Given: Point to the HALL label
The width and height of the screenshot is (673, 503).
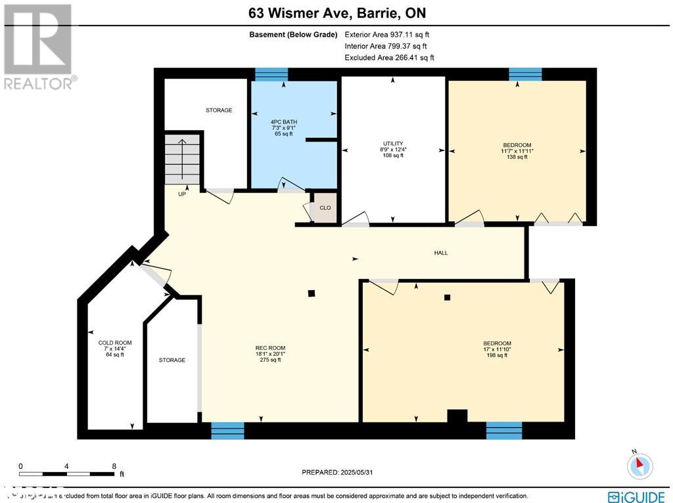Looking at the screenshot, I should click(x=441, y=253).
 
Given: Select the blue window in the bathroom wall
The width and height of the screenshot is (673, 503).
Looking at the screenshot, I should click(x=271, y=74).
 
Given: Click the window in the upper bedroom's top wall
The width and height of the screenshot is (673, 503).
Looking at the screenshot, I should click(x=525, y=74).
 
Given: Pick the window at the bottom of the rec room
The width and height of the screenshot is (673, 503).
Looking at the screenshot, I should click(x=227, y=431).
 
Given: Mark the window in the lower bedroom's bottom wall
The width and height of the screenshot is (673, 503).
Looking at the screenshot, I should click(x=504, y=431).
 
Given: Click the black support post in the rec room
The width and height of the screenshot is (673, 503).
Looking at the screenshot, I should click(x=312, y=294).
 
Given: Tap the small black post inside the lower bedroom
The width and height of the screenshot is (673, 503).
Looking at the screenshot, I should click(x=448, y=297).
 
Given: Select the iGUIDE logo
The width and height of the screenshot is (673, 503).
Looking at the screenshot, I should click(x=636, y=496).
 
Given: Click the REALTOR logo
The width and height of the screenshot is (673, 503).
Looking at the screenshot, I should click(x=39, y=46).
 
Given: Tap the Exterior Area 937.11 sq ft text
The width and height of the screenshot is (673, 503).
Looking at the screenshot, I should click(x=387, y=35).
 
